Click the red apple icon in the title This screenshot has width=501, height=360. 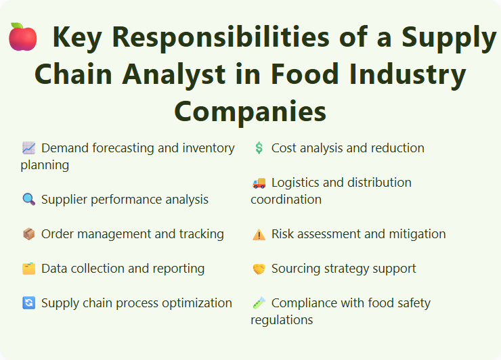tap(22, 37)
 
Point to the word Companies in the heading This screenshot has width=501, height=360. tap(250, 111)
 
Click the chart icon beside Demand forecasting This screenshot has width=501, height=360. tap(28, 148)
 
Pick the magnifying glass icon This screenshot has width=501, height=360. tap(28, 200)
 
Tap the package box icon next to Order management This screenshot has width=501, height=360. tap(28, 234)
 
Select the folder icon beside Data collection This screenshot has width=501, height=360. tap(28, 269)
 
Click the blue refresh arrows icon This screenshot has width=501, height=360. tap(28, 303)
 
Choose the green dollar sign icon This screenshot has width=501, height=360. tap(259, 148)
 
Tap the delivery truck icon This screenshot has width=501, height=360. tap(259, 183)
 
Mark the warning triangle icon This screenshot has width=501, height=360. tap(259, 234)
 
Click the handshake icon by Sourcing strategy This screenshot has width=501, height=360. tap(259, 269)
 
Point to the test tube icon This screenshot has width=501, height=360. tap(259, 303)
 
